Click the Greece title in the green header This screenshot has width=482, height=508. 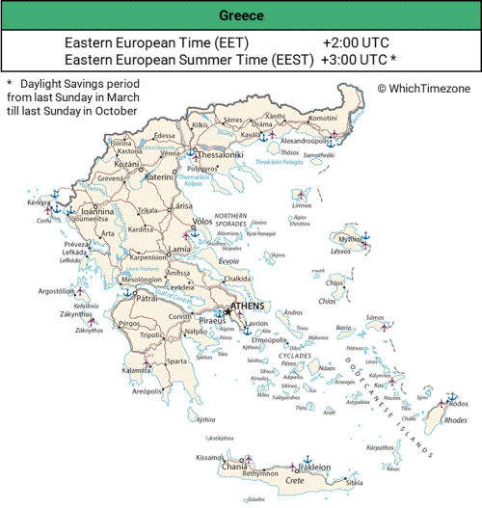click(240, 16)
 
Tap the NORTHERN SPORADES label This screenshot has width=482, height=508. click(230, 219)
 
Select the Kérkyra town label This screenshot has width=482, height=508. click(39, 204)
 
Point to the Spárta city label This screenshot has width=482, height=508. click(176, 361)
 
